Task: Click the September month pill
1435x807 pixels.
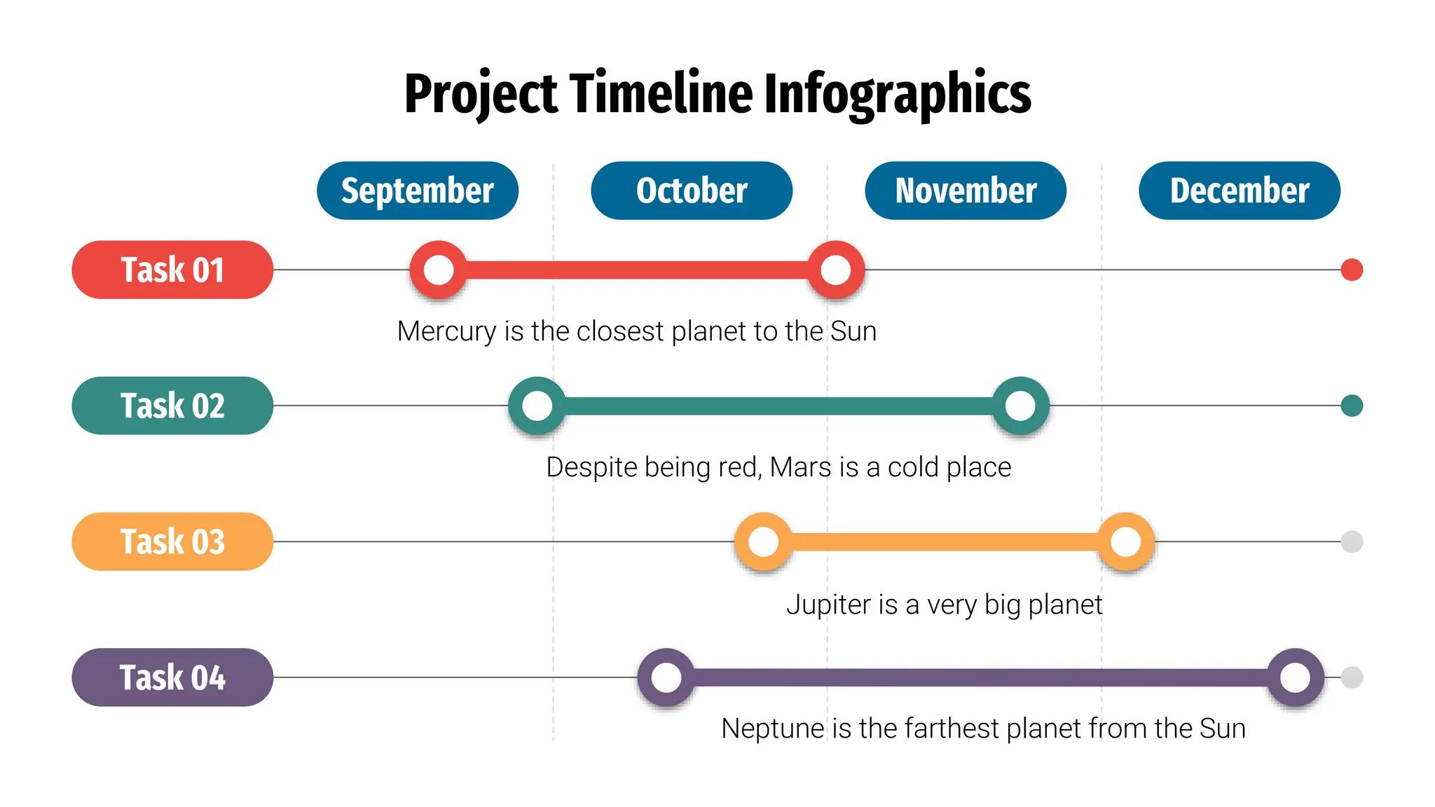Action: pos(418,191)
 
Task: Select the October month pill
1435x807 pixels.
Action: pos(692,191)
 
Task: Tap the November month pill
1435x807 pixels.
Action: pos(966,191)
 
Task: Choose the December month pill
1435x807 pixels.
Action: pos(1240,191)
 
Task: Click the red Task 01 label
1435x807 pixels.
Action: pos(172,270)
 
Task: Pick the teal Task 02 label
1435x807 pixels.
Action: pos(172,406)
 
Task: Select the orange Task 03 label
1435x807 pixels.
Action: pos(172,542)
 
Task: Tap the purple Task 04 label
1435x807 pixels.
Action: pos(172,677)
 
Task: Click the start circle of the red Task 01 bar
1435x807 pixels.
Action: pos(439,270)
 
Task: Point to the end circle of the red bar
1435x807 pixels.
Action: pos(836,270)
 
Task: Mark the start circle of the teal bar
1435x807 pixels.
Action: pos(537,406)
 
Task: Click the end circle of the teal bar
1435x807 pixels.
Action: pos(1020,406)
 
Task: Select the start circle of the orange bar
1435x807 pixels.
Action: pos(764,542)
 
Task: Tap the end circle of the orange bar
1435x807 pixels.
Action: pos(1126,542)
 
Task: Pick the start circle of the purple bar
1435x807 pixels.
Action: pos(666,677)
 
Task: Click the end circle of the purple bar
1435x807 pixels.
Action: pos(1295,677)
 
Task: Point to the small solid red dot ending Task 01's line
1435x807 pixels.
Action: pos(1352,270)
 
